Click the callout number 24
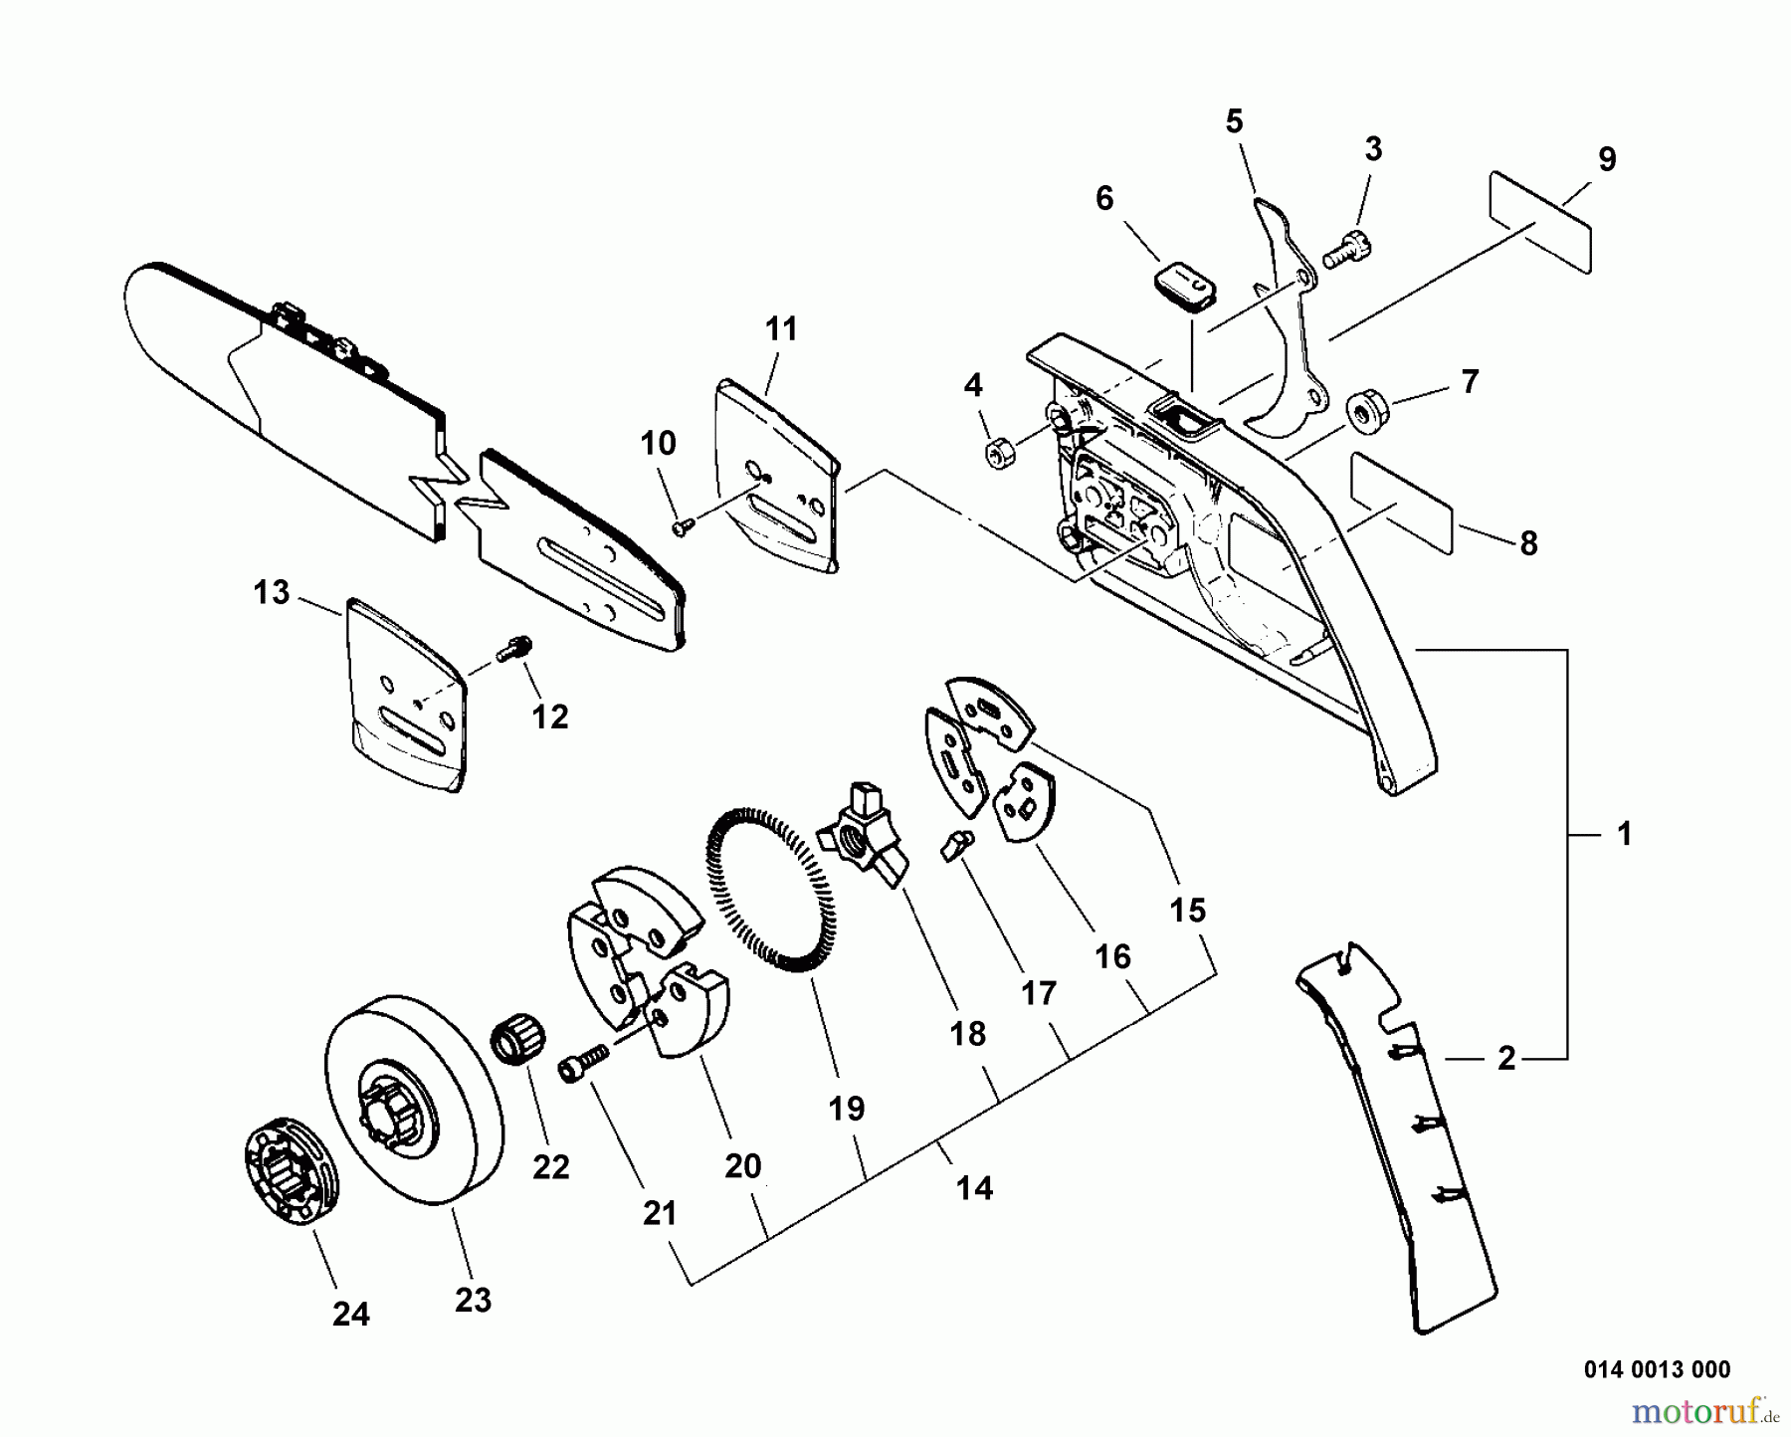pyautogui.click(x=350, y=1315)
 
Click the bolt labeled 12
pyautogui.click(x=514, y=649)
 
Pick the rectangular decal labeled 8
pyautogui.click(x=1401, y=504)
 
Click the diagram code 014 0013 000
pyautogui.click(x=1657, y=1369)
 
